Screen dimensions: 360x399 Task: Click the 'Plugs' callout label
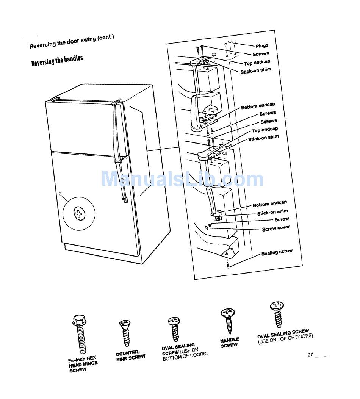(x=262, y=46)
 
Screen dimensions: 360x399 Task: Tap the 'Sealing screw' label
(x=277, y=252)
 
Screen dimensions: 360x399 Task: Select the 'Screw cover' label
(x=276, y=228)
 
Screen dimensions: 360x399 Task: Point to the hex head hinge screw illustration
(x=79, y=333)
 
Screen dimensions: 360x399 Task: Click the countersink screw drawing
(x=125, y=333)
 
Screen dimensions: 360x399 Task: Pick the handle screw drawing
(x=228, y=321)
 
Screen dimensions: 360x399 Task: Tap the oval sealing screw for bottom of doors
(x=175, y=329)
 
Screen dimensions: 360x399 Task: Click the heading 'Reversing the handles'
(x=57, y=60)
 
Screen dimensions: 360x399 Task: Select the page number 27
(x=310, y=354)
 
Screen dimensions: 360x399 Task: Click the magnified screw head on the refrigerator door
(x=79, y=213)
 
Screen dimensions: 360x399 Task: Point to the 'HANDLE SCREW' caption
(x=230, y=343)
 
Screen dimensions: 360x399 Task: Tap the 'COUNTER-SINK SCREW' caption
(x=130, y=356)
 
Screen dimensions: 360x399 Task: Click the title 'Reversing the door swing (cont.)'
(x=72, y=41)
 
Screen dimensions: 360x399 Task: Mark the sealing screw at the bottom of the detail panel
(x=228, y=265)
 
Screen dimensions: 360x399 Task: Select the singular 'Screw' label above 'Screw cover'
(x=282, y=219)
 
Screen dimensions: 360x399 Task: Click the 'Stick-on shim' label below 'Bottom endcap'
(x=272, y=212)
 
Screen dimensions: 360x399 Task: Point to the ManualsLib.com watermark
(x=182, y=179)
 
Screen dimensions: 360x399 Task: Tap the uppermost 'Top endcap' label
(x=257, y=63)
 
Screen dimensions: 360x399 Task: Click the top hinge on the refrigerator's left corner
(x=55, y=99)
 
